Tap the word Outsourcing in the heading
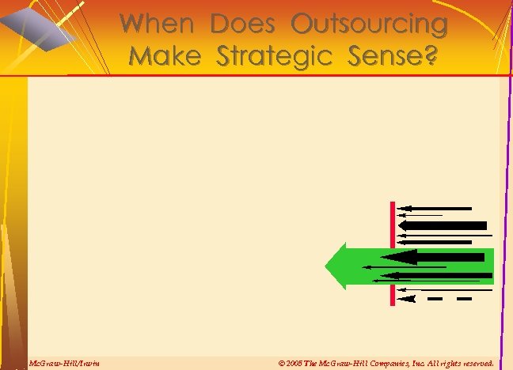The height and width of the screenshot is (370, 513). coord(369,25)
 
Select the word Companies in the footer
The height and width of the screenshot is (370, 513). coord(383,363)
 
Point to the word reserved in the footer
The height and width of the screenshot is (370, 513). coord(476,363)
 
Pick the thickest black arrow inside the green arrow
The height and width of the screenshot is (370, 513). coord(435,257)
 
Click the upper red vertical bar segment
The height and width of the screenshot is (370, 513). coord(393,224)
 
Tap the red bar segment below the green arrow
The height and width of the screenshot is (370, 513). coord(393,295)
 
